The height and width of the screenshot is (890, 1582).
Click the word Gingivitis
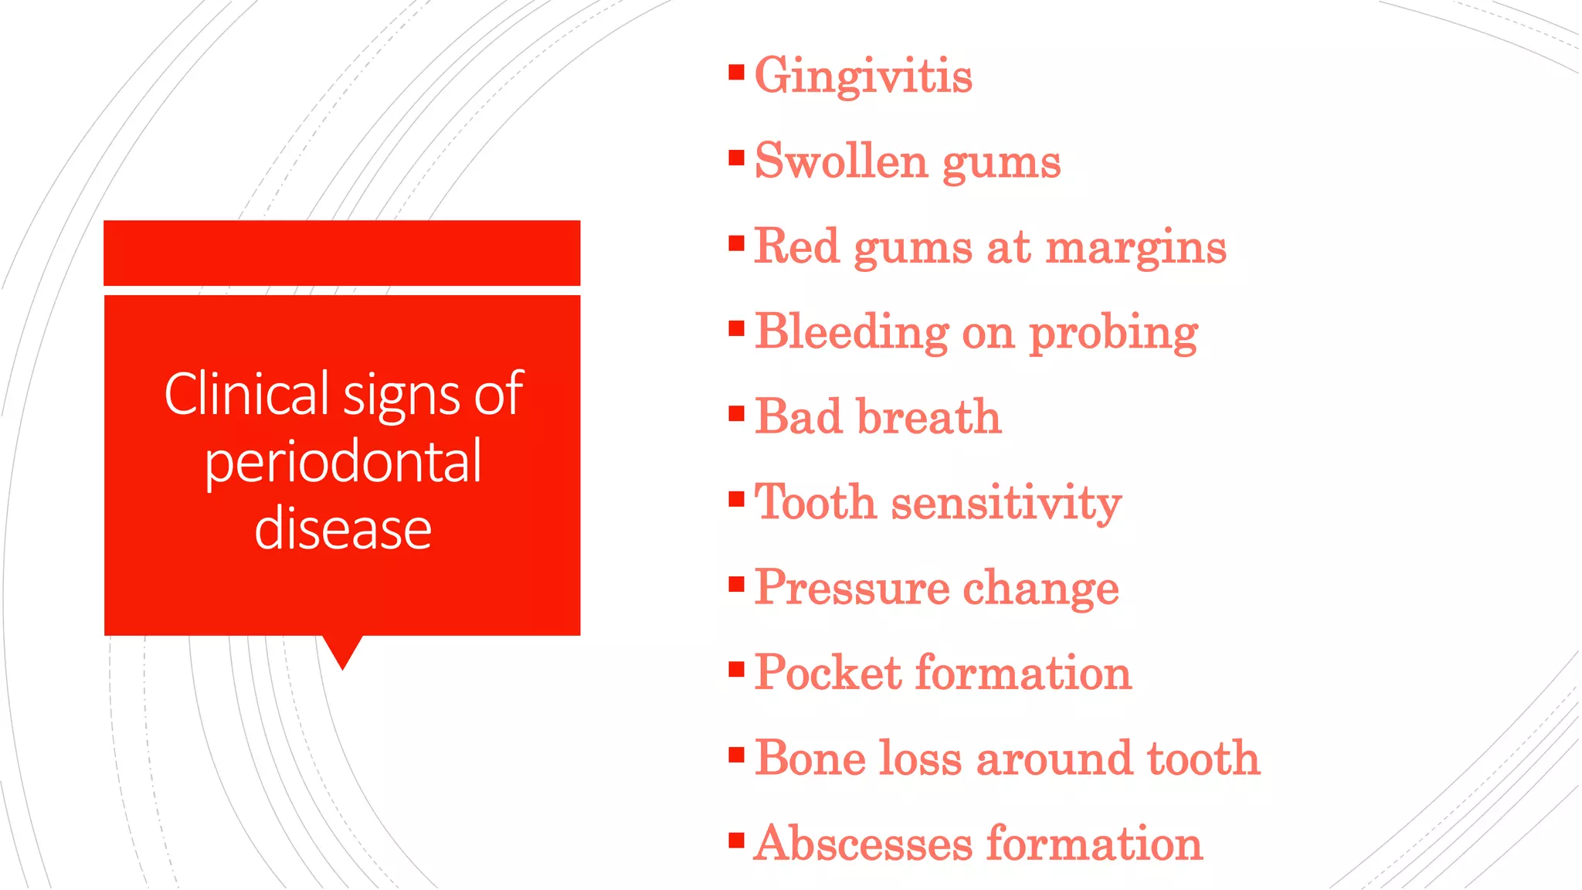[863, 76]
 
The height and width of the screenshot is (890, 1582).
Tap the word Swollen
[840, 161]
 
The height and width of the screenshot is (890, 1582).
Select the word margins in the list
[1136, 247]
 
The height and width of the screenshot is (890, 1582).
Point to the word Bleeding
[851, 333]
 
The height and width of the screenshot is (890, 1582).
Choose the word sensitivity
[1006, 503]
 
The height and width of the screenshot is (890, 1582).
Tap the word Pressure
[852, 588]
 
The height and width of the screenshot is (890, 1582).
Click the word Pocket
[828, 673]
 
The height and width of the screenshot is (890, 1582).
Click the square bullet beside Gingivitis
[736, 73]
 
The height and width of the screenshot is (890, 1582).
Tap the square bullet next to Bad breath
[736, 413]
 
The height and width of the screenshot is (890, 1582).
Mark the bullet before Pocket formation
[736, 668]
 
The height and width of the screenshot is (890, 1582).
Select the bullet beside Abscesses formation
[736, 839]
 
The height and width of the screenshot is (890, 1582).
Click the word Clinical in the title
[247, 394]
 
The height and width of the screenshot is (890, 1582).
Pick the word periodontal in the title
[343, 462]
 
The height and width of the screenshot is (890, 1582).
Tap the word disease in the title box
[343, 529]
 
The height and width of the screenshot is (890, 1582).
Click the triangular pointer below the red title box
[342, 651]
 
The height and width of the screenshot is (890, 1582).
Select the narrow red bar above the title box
[342, 253]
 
